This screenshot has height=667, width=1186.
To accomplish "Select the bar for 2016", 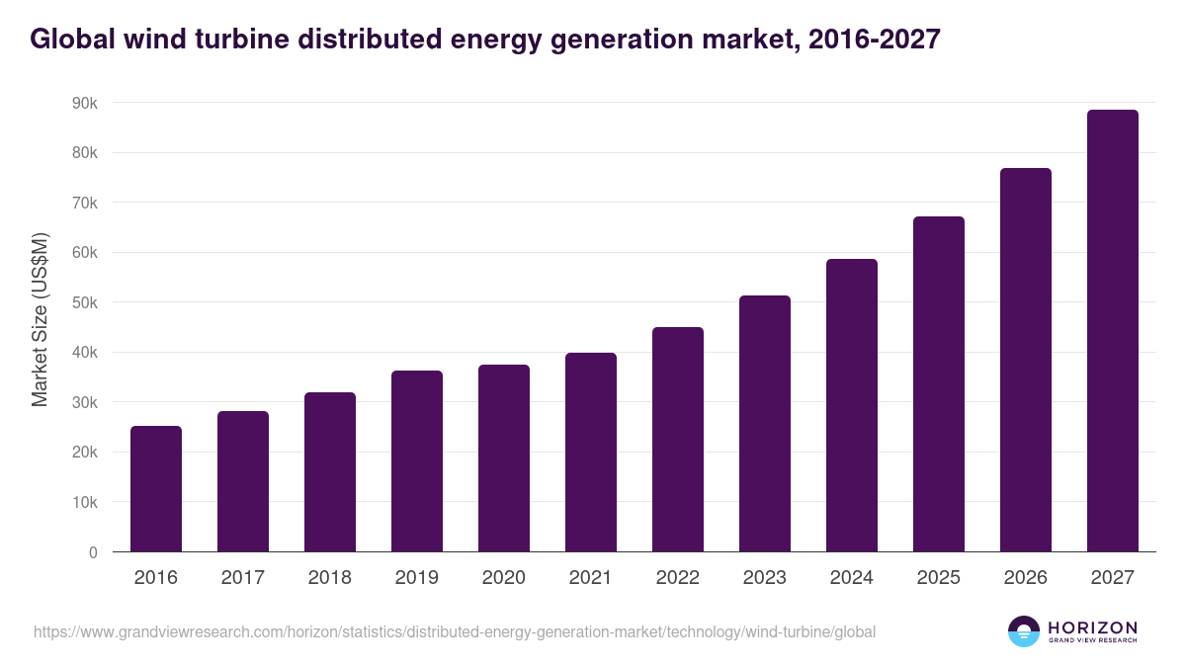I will click(x=156, y=489).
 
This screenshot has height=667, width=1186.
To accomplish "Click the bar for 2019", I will click(x=417, y=461).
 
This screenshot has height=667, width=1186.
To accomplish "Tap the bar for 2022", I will click(x=678, y=440).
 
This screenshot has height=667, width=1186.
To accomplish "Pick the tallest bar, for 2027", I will click(x=1113, y=331).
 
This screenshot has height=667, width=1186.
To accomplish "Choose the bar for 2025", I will click(x=939, y=384).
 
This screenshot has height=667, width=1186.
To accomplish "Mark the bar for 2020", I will click(x=504, y=459).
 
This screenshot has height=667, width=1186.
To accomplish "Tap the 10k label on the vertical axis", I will click(x=85, y=502).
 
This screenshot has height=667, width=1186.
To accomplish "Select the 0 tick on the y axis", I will click(x=93, y=552).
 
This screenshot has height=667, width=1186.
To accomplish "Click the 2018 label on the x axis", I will click(x=330, y=578).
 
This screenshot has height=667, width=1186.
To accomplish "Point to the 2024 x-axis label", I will click(x=852, y=578).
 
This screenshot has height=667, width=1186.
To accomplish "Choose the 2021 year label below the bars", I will click(x=591, y=578).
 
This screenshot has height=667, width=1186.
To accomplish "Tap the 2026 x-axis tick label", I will click(x=1026, y=578).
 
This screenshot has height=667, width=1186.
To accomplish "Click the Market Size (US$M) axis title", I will click(x=40, y=319).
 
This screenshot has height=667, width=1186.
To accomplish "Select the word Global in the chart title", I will click(x=71, y=40).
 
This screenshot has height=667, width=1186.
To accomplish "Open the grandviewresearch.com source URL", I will click(x=455, y=631).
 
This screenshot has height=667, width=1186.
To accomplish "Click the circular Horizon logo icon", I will click(x=1023, y=631).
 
